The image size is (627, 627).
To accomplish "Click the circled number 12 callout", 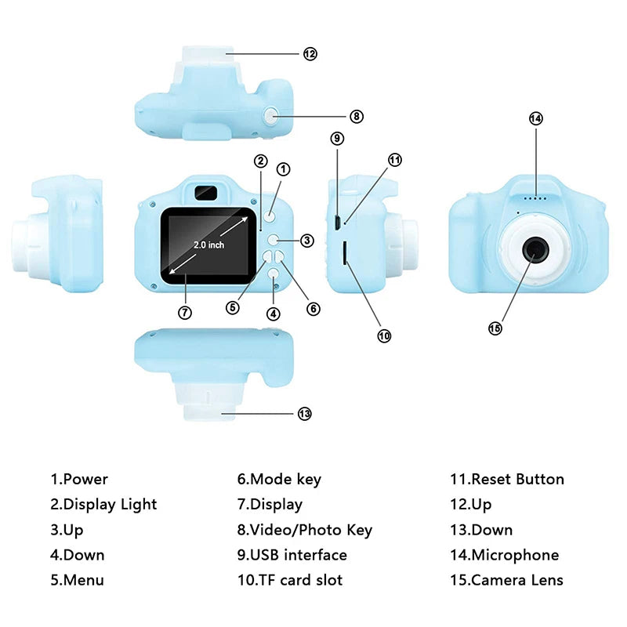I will (310, 53).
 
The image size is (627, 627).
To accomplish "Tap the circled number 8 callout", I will (357, 116).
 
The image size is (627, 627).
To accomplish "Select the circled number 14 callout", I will (535, 118).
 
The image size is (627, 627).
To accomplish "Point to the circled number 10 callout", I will (384, 335).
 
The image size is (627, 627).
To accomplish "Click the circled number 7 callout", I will (185, 312).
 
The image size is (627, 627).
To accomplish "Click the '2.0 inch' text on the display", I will (209, 245).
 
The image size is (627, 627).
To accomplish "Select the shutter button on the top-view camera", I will (271, 116).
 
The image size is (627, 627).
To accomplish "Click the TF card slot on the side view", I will (345, 252).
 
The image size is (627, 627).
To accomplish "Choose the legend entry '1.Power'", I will (79, 479).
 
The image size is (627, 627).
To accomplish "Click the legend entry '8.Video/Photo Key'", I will (305, 530).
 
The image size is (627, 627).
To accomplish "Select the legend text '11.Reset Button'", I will (506, 479).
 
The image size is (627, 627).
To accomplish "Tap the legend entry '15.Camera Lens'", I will (506, 580).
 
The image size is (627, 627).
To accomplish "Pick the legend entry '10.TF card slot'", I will (290, 580).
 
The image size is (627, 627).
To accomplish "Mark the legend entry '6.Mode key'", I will (279, 479).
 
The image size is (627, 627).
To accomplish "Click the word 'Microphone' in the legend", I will (515, 555).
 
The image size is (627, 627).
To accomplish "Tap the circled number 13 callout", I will (305, 414).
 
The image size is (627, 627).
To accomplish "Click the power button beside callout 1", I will (270, 216).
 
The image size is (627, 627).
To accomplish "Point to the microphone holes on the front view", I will (536, 198).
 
